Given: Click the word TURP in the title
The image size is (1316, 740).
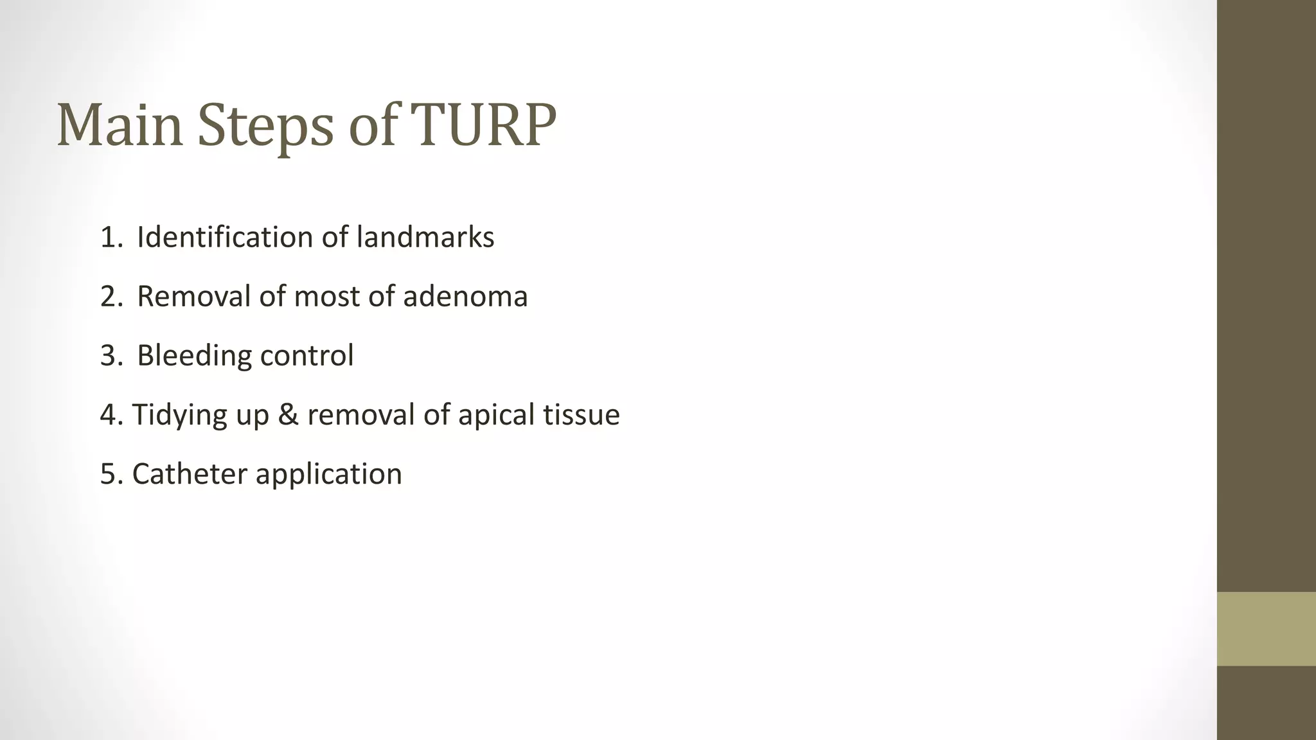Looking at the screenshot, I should point(483,125).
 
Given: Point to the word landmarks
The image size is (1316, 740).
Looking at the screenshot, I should point(425,237).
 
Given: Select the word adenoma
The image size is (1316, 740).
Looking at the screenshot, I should point(465,296).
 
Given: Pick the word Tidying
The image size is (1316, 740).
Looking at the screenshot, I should point(179,415).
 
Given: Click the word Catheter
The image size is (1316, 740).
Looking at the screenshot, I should point(190,474).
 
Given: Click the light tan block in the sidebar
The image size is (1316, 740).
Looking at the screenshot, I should point(1266,629).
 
